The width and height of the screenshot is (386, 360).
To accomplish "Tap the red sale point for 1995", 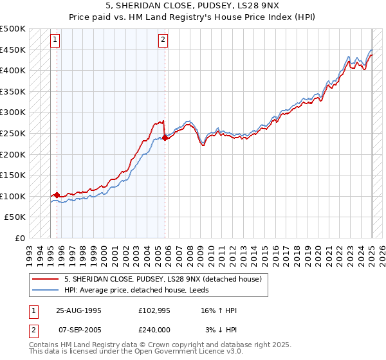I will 57,195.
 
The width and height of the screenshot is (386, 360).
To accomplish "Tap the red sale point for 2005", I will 165,137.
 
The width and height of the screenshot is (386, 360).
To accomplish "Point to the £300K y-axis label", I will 14,113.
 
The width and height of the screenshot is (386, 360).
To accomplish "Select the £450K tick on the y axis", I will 14,50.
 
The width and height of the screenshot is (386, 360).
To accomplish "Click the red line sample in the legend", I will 45,280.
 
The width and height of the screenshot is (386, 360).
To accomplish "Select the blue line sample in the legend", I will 45,291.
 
